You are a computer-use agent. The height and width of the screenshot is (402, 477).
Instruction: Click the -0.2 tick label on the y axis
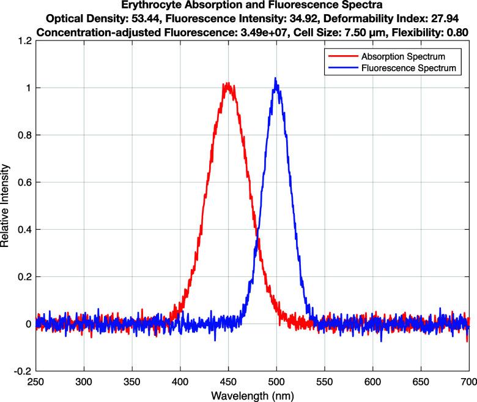[x=21, y=371]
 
